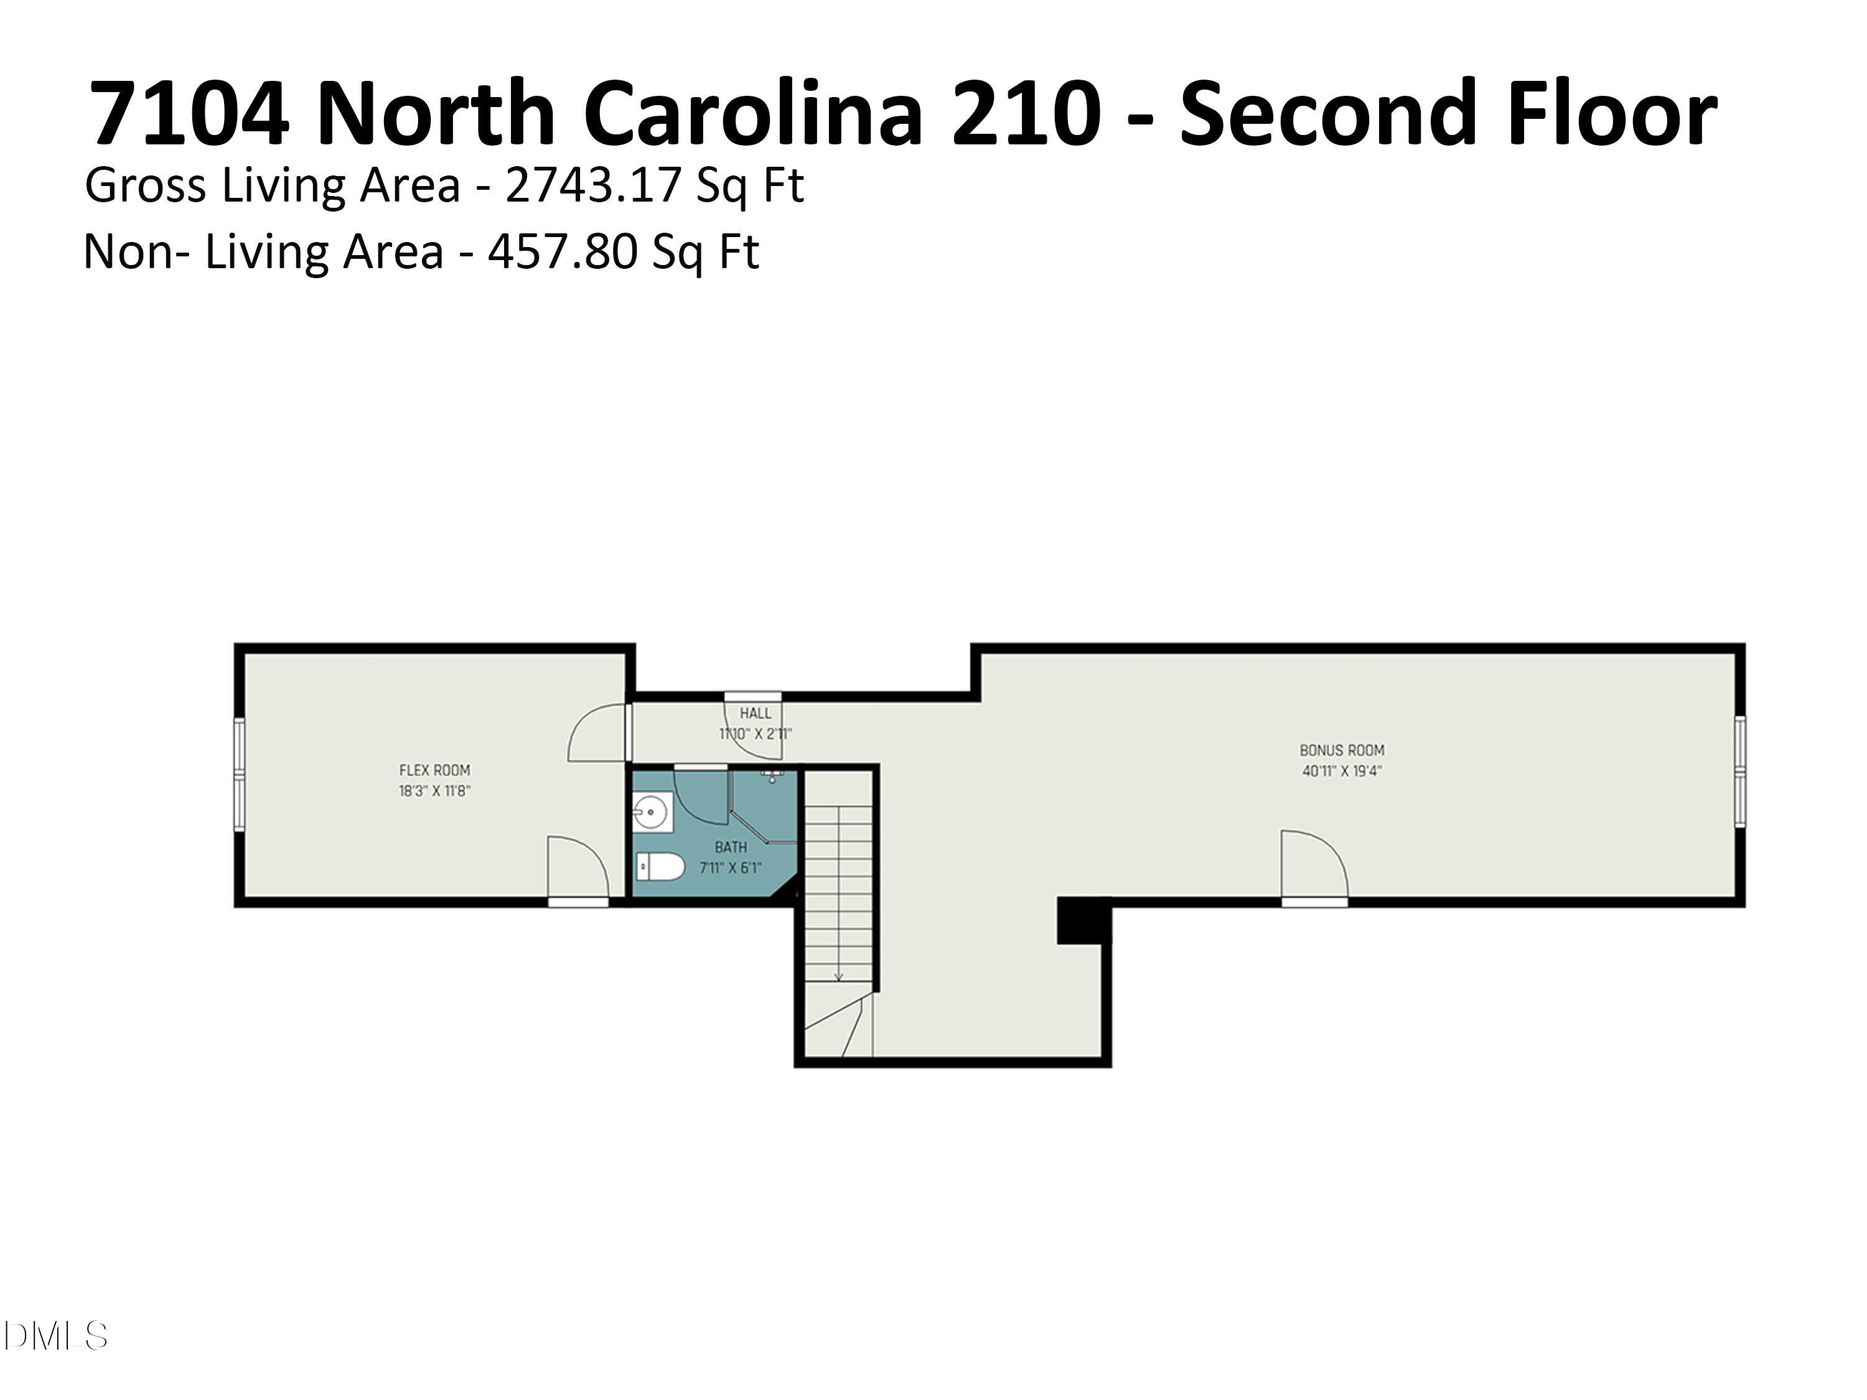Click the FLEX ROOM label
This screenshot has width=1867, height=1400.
pyautogui.click(x=434, y=770)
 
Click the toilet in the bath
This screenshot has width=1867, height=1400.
pyautogui.click(x=659, y=867)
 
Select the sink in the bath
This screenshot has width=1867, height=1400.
pyautogui.click(x=651, y=813)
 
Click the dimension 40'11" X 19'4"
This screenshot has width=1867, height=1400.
pyautogui.click(x=1341, y=770)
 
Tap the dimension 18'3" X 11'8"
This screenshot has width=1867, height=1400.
pyautogui.click(x=434, y=791)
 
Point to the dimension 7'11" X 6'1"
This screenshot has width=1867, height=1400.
pyautogui.click(x=730, y=867)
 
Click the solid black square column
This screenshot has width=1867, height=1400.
pyautogui.click(x=1083, y=920)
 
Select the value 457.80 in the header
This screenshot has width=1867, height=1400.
pyautogui.click(x=559, y=251)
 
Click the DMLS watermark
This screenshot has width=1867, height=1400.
pyautogui.click(x=55, y=1336)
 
